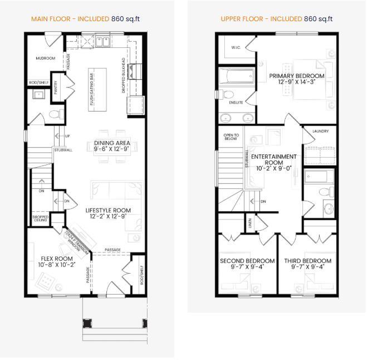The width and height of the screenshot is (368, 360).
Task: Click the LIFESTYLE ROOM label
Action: pyautogui.click(x=108, y=211)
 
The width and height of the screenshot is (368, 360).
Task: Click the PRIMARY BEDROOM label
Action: pyautogui.click(x=296, y=76)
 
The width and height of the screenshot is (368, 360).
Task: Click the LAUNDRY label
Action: pyautogui.click(x=321, y=132)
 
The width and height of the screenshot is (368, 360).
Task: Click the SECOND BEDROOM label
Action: pyautogui.click(x=247, y=261)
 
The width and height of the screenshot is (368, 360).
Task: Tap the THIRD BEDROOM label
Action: pyautogui.click(x=307, y=261)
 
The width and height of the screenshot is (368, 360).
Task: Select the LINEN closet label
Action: pyautogui.click(x=250, y=223)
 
